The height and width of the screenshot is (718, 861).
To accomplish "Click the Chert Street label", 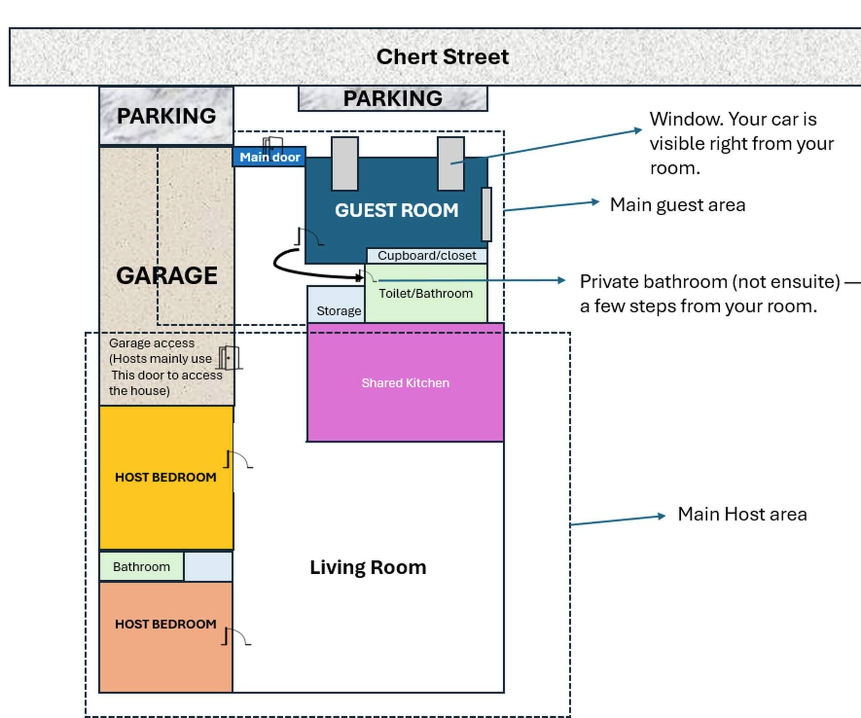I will pos(442,57).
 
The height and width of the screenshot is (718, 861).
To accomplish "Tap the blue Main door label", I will pos(269,157).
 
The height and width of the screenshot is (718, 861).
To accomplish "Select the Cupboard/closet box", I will pos(426,256).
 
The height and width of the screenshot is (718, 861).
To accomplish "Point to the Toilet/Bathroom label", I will pos(425,293).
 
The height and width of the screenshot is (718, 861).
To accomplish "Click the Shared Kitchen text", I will pos(405,383).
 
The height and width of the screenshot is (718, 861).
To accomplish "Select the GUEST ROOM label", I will pos(396,210).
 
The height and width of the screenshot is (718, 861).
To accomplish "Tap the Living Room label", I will pos(368,568).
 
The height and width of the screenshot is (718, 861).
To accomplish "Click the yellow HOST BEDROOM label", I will pos(166,477).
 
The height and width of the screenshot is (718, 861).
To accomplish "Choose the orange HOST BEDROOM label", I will pos(166,624).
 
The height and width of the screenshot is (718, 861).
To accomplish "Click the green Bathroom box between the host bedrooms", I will pos(141,567).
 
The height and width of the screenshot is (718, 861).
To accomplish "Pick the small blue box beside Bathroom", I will pos(208,567).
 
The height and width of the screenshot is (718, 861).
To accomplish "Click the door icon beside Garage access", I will pos(230,358).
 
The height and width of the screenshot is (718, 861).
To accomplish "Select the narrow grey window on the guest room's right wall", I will pos(486,214).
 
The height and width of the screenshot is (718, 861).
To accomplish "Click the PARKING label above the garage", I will pos(166,116).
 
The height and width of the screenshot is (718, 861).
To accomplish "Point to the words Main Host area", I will pos(742,514).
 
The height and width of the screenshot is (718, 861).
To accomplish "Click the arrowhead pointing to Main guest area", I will pos(595,202).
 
